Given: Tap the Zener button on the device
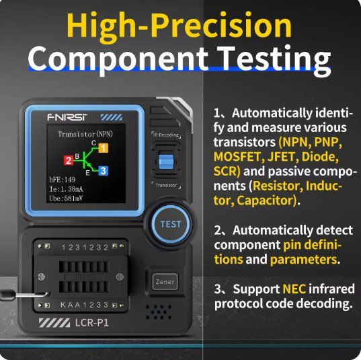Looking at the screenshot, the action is [x=165, y=282].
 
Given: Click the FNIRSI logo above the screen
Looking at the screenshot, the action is [x=67, y=117].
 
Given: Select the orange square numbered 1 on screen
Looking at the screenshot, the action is [x=104, y=148].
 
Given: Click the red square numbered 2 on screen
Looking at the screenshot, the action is [x=69, y=160].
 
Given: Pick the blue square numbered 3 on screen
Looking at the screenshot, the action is [x=103, y=171].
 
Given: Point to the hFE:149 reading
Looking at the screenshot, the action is [x=62, y=180].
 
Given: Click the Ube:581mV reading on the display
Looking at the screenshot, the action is [x=66, y=199].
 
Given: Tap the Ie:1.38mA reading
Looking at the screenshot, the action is [x=66, y=189].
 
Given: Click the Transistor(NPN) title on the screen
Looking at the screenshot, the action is [x=85, y=134].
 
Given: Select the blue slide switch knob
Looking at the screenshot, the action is [x=166, y=161].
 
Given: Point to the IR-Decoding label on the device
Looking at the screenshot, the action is [x=166, y=135].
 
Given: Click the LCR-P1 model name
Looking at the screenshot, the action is [x=91, y=323].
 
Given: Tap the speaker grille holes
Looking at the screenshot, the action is [x=159, y=312].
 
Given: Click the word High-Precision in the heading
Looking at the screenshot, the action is [x=179, y=26].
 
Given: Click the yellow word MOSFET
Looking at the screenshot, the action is [x=237, y=157].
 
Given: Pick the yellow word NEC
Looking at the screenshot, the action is [x=294, y=289].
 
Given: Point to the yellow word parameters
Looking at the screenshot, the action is [x=303, y=260].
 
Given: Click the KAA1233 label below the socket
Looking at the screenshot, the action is [x=84, y=305].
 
